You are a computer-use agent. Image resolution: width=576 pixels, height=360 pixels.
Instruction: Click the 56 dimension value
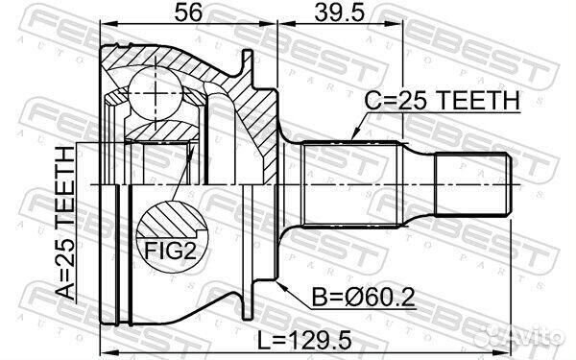188,12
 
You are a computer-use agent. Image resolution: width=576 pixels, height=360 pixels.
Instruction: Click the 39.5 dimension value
340,12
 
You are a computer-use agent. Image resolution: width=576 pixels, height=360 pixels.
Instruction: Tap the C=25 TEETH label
442,100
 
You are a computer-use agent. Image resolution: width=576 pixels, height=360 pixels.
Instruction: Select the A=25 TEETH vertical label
65,224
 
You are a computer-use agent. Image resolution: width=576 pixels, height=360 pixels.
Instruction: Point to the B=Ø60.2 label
363,297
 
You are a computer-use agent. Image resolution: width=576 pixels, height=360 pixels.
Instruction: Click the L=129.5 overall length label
303,340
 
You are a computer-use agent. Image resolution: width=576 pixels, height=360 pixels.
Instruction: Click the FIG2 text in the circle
170,251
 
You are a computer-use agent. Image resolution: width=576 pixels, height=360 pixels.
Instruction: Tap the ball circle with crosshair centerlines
156,93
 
